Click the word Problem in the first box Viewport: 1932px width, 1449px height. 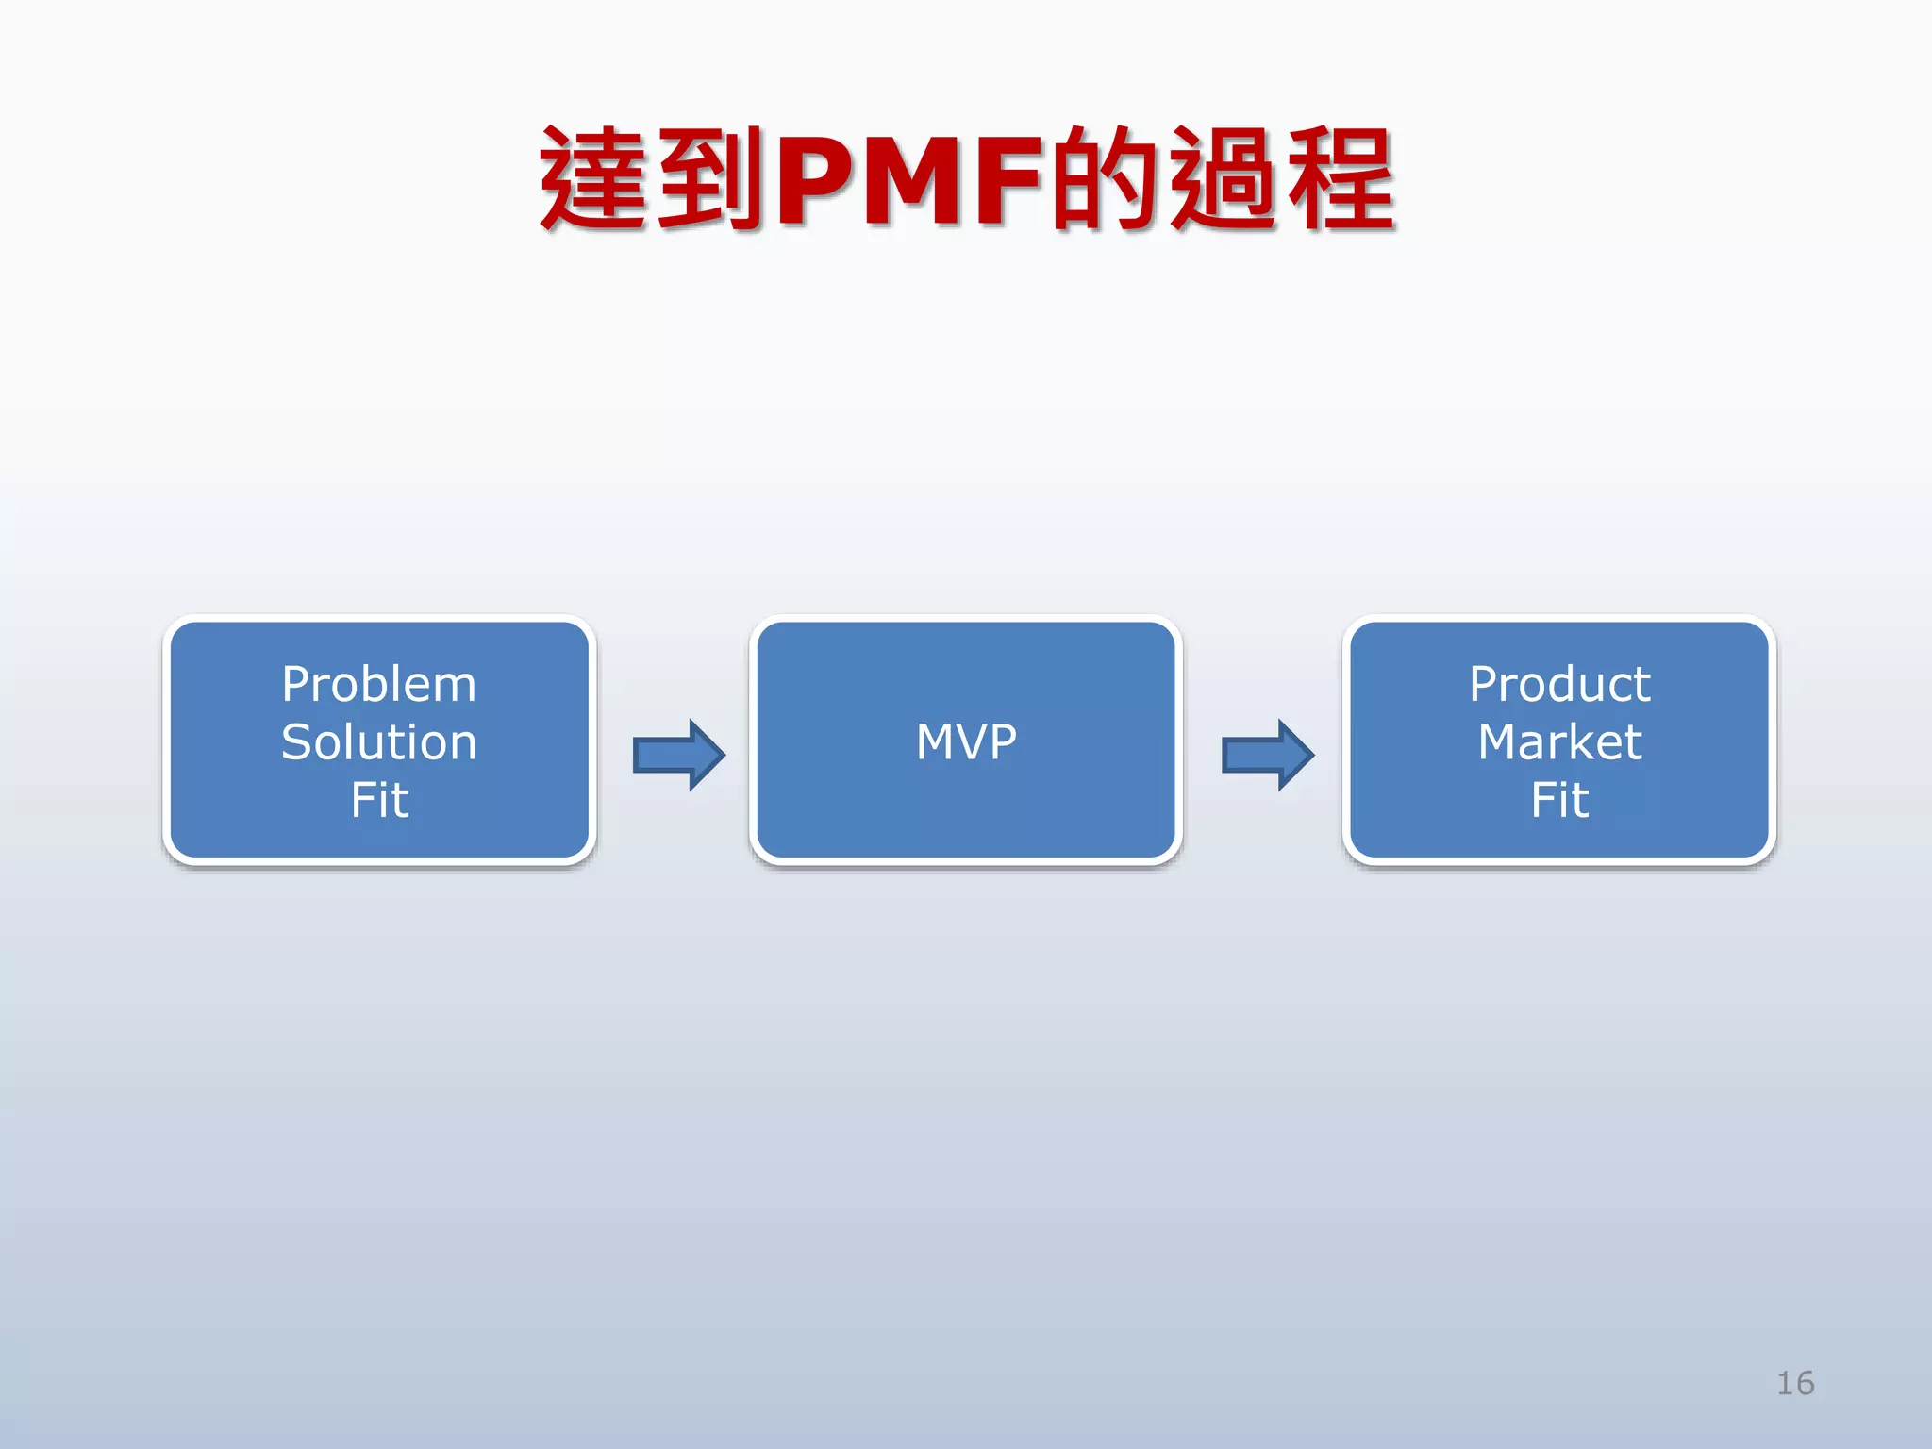click(379, 685)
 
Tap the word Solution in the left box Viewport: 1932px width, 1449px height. click(379, 742)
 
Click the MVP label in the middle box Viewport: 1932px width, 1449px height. click(966, 742)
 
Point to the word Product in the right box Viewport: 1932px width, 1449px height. click(1559, 685)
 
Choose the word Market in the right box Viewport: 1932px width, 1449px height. click(1559, 742)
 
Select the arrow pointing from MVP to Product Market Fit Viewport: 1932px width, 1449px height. click(1268, 755)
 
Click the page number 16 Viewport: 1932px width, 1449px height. click(1794, 1383)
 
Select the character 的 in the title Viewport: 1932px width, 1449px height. click(1106, 179)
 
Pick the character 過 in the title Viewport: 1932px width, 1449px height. click(1224, 179)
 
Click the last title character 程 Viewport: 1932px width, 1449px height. click(1341, 179)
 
